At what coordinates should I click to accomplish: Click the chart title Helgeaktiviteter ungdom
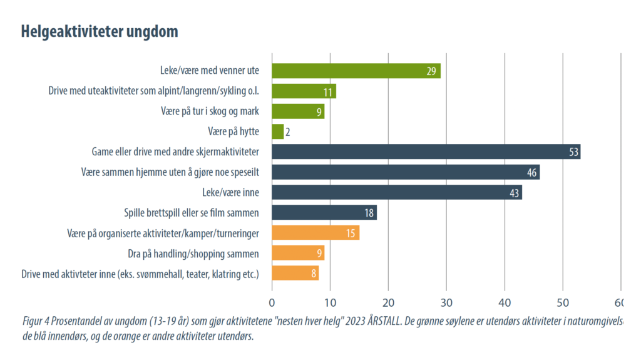(x=100, y=31)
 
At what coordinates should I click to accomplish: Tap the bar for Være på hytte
(x=278, y=132)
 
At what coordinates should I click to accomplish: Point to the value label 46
(x=532, y=173)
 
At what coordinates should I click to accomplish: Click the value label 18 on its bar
(x=369, y=213)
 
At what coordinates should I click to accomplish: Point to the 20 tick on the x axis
(x=388, y=302)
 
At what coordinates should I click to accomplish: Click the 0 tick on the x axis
(x=272, y=302)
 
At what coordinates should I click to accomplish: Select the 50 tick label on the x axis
(x=563, y=302)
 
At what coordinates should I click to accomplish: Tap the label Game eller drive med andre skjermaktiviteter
(x=175, y=152)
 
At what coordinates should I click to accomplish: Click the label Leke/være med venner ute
(x=209, y=71)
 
